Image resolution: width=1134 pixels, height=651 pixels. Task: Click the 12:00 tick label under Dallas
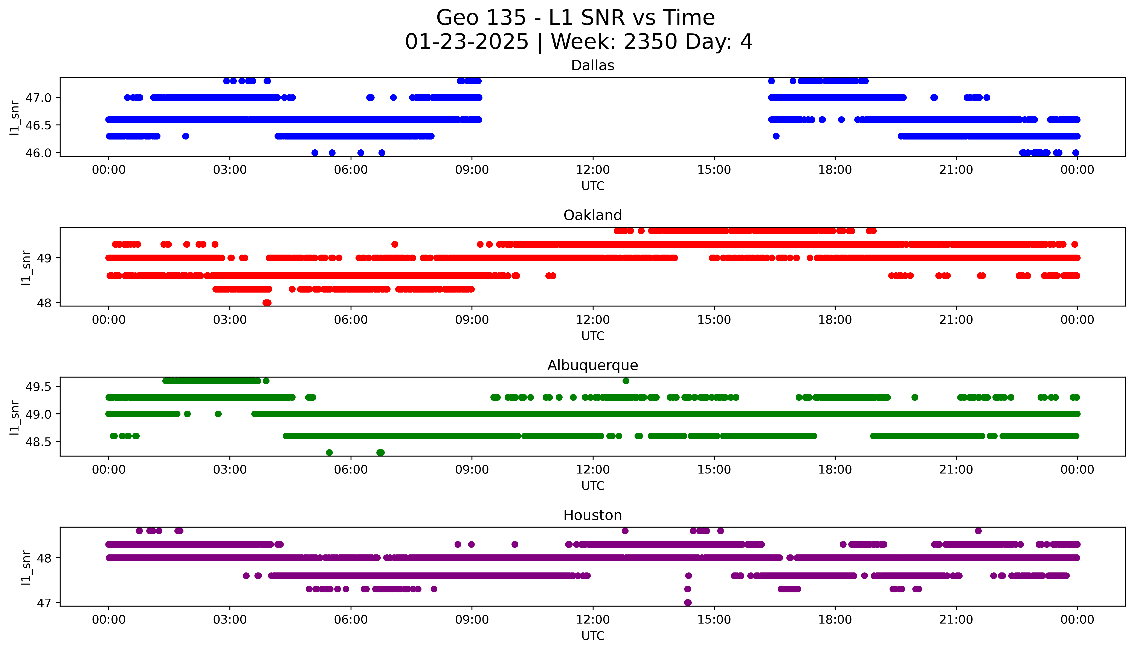point(593,170)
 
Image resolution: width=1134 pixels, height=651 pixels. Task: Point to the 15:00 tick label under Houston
point(714,620)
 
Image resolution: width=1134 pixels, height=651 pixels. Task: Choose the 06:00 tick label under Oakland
point(351,320)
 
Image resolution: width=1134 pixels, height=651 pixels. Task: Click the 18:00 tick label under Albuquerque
point(835,469)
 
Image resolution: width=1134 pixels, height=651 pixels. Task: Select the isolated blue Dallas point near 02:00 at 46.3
point(186,136)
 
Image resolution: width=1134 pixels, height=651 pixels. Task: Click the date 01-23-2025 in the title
point(467,42)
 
